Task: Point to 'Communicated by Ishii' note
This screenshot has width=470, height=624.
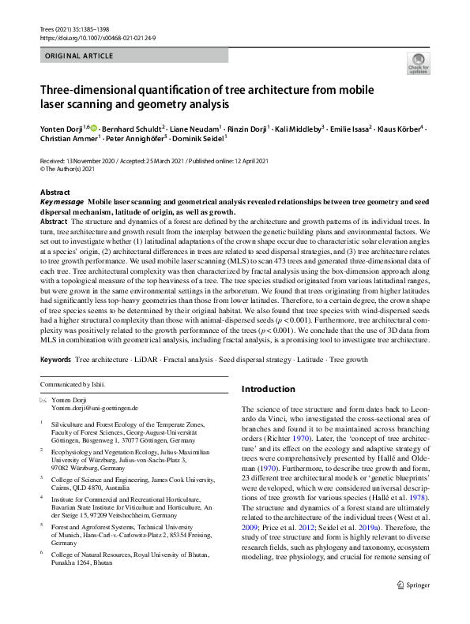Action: click(73, 384)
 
